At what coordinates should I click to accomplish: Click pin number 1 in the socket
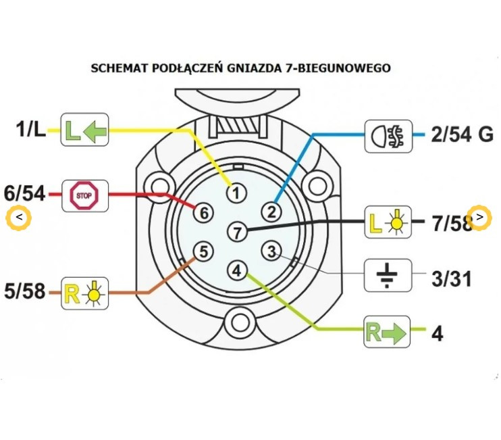click(x=236, y=193)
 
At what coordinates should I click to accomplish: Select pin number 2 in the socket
click(x=271, y=212)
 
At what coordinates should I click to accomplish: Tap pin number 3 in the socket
click(x=271, y=252)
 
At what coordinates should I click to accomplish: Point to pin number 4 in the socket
click(x=236, y=270)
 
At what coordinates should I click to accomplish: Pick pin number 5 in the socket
click(x=203, y=252)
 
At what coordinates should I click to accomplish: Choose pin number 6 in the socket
click(x=203, y=212)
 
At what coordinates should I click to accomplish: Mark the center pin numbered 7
click(x=236, y=232)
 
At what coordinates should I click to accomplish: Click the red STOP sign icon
click(x=84, y=196)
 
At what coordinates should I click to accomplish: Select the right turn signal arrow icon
click(x=387, y=331)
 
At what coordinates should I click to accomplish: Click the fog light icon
click(x=388, y=135)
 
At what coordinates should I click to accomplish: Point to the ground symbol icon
click(x=388, y=274)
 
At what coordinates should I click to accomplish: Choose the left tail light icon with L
click(x=388, y=221)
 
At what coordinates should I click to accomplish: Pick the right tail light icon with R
click(x=84, y=293)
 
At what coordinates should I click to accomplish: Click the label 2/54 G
click(x=463, y=135)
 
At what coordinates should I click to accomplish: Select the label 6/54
click(x=24, y=194)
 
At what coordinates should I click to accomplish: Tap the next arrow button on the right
click(x=479, y=217)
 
